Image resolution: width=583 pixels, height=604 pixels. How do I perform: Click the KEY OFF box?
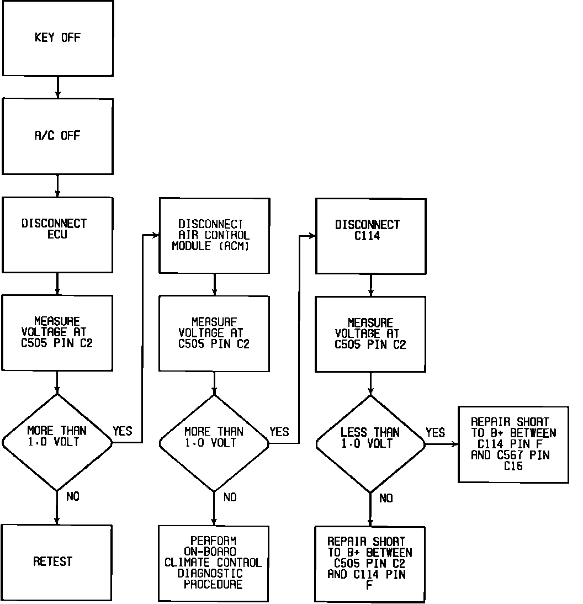(57, 38)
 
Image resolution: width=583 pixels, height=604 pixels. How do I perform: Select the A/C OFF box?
(57, 136)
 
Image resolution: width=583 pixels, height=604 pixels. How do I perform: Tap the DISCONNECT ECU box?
(57, 234)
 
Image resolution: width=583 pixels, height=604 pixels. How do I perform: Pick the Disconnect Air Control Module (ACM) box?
(214, 235)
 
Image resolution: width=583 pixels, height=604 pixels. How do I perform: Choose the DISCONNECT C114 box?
(370, 236)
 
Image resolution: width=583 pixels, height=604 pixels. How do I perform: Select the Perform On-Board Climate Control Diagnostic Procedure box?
(214, 563)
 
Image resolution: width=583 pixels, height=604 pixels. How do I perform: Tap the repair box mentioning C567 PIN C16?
(513, 444)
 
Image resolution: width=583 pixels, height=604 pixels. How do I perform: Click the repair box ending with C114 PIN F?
(370, 564)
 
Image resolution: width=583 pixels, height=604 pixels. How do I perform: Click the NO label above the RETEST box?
(73, 497)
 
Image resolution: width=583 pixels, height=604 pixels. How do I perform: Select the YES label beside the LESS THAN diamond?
(435, 433)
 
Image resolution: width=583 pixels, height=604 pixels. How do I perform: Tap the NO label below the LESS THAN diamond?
(386, 499)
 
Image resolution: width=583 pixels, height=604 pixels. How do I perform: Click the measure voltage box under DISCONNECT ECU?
(57, 332)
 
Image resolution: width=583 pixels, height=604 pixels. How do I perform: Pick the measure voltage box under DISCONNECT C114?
(370, 333)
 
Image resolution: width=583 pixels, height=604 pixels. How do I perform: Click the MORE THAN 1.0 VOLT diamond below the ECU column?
(57, 442)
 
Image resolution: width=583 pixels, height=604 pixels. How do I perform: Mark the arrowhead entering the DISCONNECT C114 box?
(312, 236)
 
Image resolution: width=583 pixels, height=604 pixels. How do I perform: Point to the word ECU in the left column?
(57, 235)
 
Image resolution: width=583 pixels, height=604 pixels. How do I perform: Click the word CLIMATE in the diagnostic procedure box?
(185, 563)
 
